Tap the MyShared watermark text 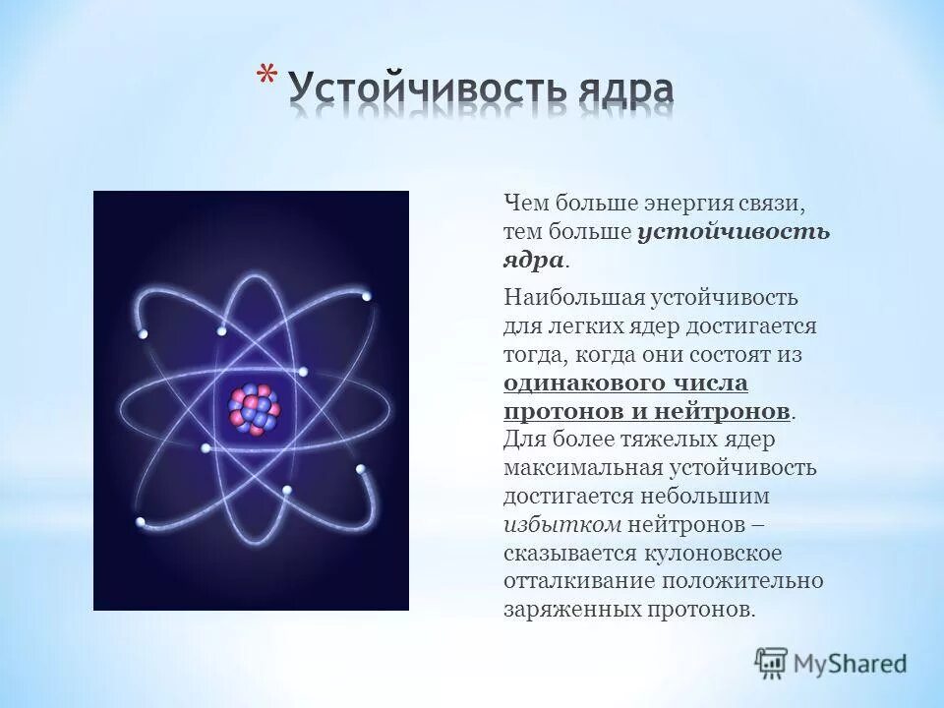850,663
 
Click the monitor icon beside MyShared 772,662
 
